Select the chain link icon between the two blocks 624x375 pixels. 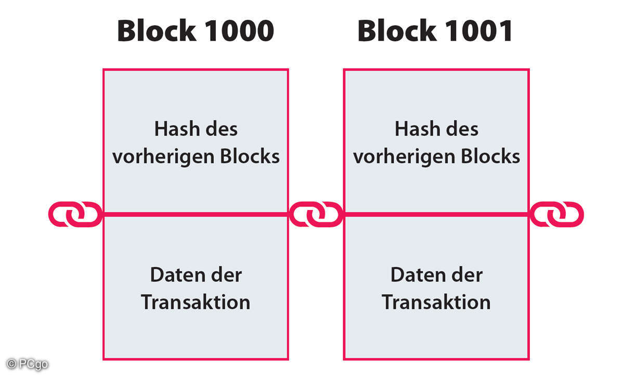point(316,214)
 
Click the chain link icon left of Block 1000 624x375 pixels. point(75,214)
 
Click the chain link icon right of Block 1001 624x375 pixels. point(556,214)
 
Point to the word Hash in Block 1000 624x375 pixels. point(176,129)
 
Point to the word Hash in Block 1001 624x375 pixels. point(416,129)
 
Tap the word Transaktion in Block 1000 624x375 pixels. point(196,302)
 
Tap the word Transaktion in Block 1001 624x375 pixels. point(436,302)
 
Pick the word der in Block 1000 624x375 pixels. point(225,275)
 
